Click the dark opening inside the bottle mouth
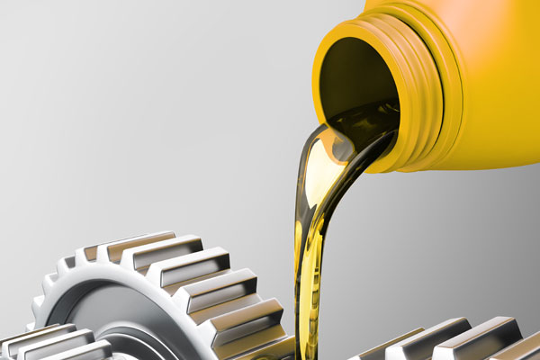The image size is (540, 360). click(x=355, y=81)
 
